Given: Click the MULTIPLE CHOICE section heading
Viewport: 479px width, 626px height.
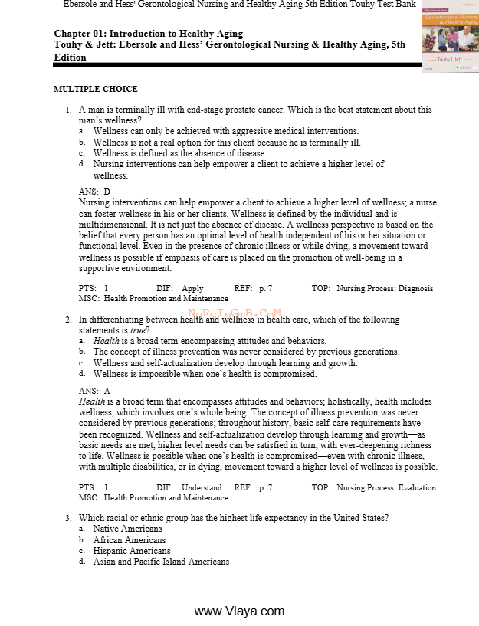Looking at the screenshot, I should [x=95, y=90].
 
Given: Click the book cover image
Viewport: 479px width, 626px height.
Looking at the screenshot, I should [x=451, y=36].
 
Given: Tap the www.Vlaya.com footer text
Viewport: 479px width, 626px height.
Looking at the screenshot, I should [x=239, y=611].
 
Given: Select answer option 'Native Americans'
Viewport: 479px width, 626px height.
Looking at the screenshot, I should [x=127, y=529].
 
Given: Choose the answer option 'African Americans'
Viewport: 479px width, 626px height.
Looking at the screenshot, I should [x=129, y=540].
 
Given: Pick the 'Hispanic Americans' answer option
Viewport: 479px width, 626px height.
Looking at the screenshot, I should [x=131, y=551].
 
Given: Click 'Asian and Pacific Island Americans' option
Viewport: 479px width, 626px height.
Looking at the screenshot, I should [x=161, y=562].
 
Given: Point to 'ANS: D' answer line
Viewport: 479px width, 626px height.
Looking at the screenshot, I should [x=94, y=192].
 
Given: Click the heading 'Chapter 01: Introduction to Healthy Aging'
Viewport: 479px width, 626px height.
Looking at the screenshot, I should [x=149, y=34].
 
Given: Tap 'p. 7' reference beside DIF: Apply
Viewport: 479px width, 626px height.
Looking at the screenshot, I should [x=265, y=289].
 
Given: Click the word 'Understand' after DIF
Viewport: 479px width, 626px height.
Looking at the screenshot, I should [x=202, y=487].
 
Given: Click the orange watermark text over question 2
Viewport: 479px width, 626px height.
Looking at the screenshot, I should [x=235, y=313].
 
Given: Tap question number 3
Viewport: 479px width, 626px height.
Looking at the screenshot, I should [x=67, y=518].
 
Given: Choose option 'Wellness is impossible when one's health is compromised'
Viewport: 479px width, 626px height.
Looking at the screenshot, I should [x=205, y=374].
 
